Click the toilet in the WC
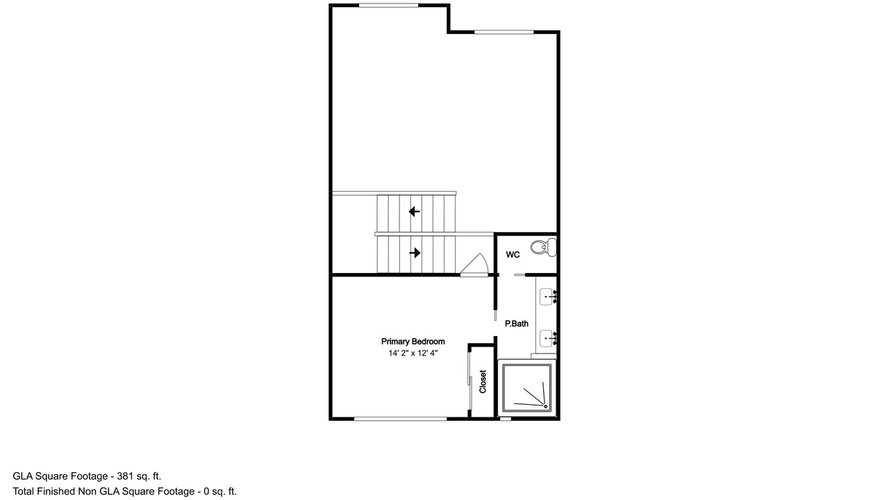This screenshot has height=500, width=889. tap(543, 247)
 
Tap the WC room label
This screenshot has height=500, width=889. tap(513, 255)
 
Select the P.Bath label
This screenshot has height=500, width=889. tap(516, 324)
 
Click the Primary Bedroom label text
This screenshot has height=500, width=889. tap(413, 341)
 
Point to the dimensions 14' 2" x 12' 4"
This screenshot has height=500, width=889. tap(413, 353)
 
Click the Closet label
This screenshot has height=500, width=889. tap(483, 382)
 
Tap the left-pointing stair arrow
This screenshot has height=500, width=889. tap(414, 212)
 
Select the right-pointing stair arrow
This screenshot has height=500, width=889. tap(415, 253)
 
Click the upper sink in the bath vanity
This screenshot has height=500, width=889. tap(548, 297)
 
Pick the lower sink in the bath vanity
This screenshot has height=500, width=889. tap(548, 338)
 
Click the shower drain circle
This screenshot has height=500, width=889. tap(546, 406)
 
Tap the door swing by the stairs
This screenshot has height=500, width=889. tap(474, 264)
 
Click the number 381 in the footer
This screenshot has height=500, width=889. tap(125, 476)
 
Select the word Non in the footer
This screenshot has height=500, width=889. tap(88, 492)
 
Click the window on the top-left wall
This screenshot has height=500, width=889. tap(388, 5)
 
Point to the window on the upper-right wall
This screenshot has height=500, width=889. tap(504, 32)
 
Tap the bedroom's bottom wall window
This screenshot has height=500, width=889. tap(401, 419)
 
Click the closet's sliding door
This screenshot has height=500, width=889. tap(470, 381)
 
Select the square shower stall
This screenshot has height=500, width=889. tap(527, 387)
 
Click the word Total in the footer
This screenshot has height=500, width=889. tap(23, 492)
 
